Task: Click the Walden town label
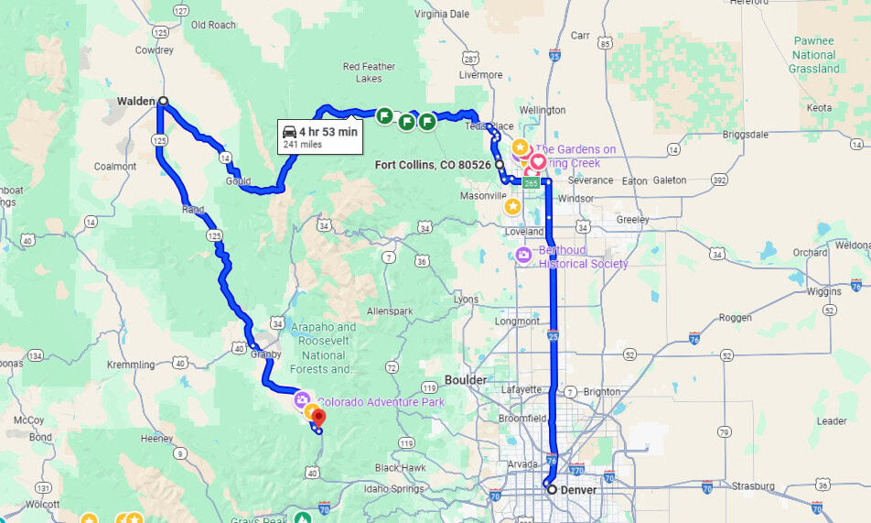click(135, 101)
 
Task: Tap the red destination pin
click(319, 419)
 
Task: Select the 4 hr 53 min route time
click(328, 131)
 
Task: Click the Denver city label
click(578, 490)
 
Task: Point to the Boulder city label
click(466, 379)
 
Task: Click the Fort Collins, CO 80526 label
click(434, 165)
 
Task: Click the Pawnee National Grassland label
click(814, 54)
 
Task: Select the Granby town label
click(264, 353)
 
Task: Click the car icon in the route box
click(289, 131)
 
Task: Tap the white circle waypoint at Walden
click(163, 101)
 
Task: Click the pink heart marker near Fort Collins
click(538, 162)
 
